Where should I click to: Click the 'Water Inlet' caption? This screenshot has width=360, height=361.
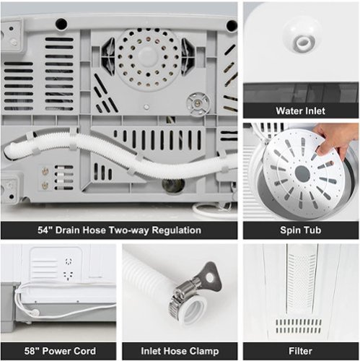(x=300, y=111)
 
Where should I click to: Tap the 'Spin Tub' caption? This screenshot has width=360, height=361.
(x=300, y=230)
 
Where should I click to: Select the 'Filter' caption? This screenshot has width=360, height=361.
(x=300, y=351)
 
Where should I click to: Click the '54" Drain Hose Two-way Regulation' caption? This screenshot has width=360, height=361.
(x=119, y=230)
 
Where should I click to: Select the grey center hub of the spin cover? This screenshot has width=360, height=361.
(x=302, y=174)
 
